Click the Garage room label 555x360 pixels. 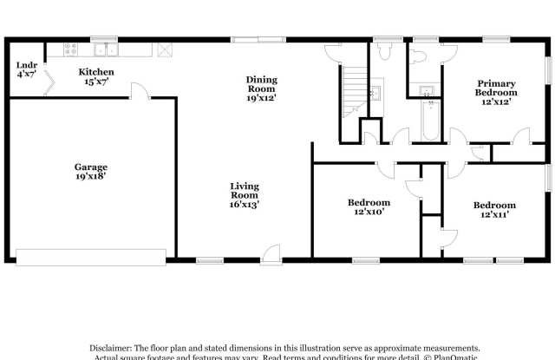pos(90,172)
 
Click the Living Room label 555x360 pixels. pos(245,195)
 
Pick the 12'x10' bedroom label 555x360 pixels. pos(369,207)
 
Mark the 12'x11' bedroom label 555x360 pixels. pos(494,210)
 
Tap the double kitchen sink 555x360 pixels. pos(105,51)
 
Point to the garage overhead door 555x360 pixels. pos(91,256)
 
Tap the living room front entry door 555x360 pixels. pos(271,252)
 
